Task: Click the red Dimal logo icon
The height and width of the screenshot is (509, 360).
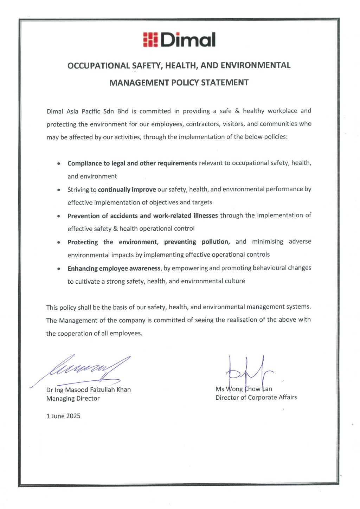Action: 150,40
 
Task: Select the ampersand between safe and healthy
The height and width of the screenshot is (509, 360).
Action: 237,111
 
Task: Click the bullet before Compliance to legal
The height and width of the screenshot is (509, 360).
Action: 59,164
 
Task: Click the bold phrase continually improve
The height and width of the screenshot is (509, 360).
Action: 127,190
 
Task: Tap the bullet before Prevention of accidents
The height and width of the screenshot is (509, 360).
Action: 59,216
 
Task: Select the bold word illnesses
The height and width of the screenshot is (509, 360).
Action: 206,215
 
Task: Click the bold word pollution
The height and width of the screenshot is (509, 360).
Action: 216,242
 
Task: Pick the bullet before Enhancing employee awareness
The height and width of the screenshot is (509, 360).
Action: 59,269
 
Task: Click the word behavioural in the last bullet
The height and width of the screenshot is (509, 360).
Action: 269,268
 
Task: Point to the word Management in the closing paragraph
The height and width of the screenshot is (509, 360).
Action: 78,321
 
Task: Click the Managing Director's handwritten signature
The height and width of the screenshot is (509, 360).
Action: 88,369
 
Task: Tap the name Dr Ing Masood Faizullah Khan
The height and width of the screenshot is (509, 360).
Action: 89,390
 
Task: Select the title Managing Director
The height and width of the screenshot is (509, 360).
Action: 73,399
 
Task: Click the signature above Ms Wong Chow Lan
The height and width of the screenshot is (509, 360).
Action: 248,373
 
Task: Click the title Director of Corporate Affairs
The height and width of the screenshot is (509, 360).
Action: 256,398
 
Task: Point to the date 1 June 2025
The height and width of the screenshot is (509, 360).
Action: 63,416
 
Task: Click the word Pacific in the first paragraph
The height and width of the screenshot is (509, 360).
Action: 91,111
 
